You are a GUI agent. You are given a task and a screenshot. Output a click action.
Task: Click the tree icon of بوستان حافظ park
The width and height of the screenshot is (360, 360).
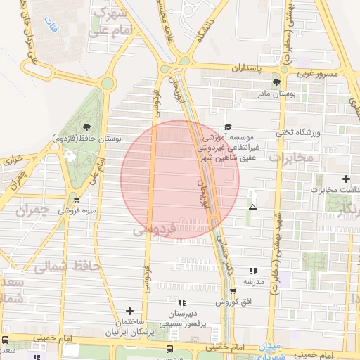[x=86, y=127]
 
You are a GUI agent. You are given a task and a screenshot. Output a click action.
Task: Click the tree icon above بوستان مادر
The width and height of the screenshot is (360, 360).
[x=276, y=82]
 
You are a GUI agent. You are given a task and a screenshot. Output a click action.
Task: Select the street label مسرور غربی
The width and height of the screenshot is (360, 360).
[x=316, y=72]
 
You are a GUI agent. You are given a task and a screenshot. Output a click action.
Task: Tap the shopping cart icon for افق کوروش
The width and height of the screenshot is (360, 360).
[x=232, y=292]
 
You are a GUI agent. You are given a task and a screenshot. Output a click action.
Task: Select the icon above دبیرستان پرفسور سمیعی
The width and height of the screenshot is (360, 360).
[x=182, y=302]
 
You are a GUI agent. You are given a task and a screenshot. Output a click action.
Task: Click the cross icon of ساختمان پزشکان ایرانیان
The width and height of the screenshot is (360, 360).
[x=129, y=311]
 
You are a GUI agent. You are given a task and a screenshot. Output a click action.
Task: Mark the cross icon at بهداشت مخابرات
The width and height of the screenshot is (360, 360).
[x=345, y=179]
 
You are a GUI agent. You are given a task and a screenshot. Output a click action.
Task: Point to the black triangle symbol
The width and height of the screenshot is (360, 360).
[x=252, y=207]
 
